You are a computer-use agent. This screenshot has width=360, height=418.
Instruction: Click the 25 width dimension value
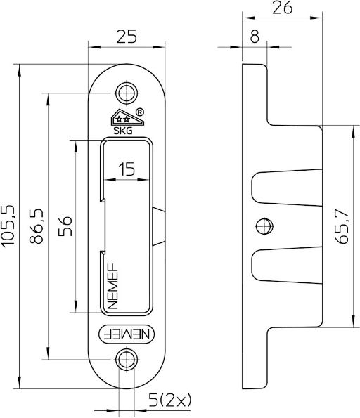pos(127,37)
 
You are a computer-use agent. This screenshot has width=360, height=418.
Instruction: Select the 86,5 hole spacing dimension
pos(36,226)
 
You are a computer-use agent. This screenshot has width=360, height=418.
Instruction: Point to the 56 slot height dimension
pos(65,226)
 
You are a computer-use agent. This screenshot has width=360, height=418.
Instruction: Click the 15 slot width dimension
pos(127,169)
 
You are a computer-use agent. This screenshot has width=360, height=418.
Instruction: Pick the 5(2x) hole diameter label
pos(169,400)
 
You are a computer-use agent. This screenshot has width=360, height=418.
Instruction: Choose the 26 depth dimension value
pos(283,8)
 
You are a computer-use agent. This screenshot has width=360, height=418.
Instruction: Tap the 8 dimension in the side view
pos(255,37)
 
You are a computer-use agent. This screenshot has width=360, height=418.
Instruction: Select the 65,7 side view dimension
pos(342,226)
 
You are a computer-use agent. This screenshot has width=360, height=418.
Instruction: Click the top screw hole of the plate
pos(127,93)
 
